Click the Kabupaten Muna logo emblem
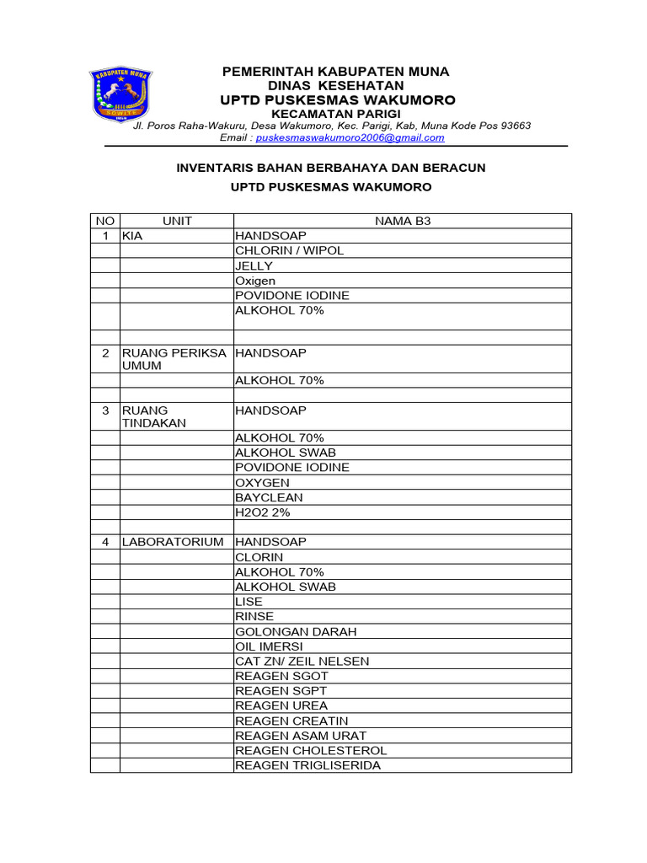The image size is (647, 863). coord(119,94)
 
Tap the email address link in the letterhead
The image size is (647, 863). coord(350,137)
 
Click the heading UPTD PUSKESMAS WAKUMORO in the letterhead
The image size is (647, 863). coord(337,100)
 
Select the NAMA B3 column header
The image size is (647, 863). coord(403,221)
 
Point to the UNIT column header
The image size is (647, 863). coord(177,221)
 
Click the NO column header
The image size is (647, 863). coord(105,221)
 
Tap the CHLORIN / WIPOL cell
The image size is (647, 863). coord(289,250)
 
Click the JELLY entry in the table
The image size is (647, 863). coord(254,265)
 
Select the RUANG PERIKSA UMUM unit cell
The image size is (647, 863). coord(174,360)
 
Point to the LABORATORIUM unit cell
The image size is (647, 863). coord(173,542)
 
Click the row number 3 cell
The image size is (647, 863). coord(105,410)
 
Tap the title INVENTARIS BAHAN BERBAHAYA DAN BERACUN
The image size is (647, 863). coord(330,168)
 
